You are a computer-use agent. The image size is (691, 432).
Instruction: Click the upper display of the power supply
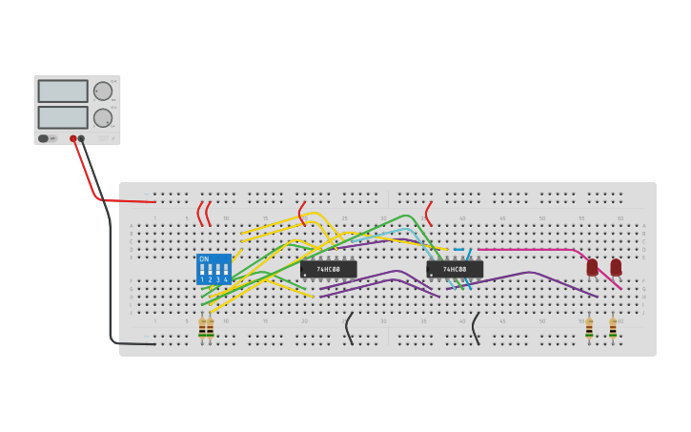click(x=63, y=92)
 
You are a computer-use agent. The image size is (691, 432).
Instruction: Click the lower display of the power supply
click(x=63, y=117)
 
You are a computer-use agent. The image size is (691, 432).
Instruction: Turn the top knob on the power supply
click(x=102, y=92)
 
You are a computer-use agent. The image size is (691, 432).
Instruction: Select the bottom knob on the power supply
click(x=102, y=118)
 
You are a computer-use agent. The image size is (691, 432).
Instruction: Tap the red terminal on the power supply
click(x=72, y=138)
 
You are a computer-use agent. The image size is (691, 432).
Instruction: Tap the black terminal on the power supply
click(x=81, y=138)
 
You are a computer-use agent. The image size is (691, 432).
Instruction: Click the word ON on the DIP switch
click(x=204, y=258)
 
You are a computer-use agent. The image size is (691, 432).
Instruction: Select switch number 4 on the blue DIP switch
click(x=226, y=271)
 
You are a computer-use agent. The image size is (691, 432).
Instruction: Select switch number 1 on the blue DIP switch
click(x=202, y=271)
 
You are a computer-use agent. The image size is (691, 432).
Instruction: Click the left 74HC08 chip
click(x=328, y=269)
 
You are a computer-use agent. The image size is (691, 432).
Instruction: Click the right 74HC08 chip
click(x=455, y=269)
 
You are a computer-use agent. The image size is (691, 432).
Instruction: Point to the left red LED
click(x=592, y=267)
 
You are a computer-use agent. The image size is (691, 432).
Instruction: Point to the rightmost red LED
click(x=616, y=267)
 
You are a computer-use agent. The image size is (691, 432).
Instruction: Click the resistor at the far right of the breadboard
click(x=613, y=328)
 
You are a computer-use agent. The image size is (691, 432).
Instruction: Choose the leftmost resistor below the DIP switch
click(x=202, y=328)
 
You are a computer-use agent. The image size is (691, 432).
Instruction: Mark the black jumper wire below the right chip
click(x=475, y=328)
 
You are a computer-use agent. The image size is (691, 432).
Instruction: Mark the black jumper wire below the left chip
click(x=349, y=328)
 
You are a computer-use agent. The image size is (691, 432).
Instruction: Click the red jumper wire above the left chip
click(x=302, y=214)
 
